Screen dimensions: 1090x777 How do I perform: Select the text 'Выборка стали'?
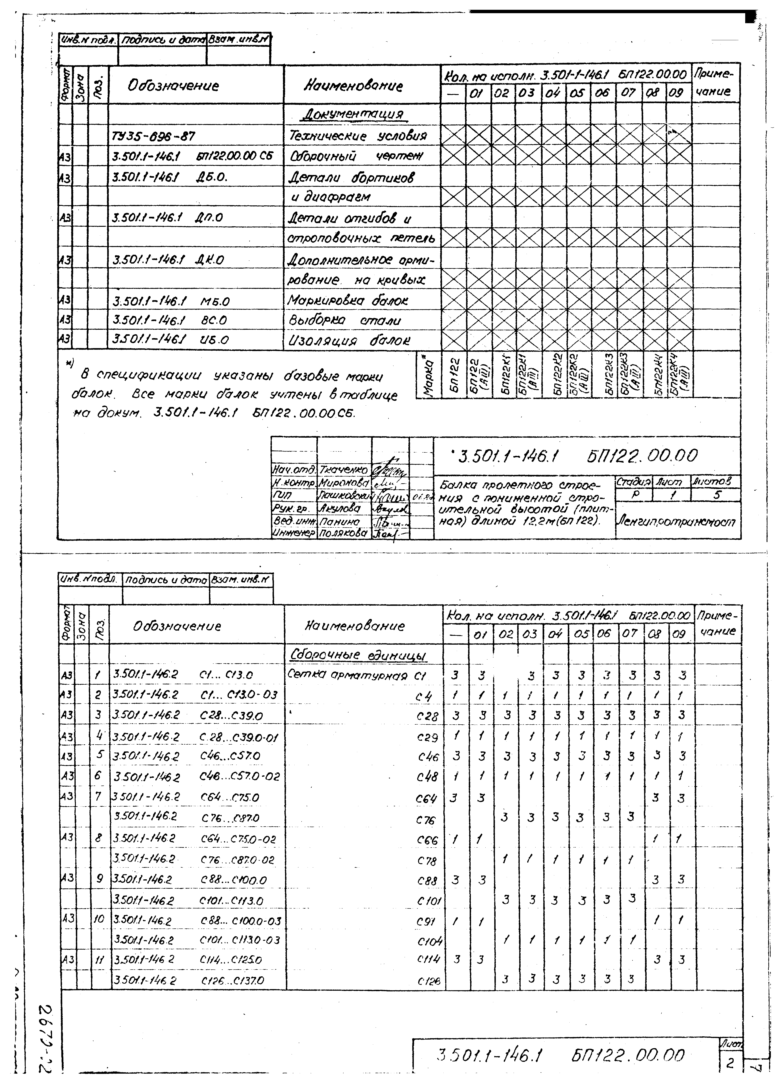(x=345, y=320)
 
